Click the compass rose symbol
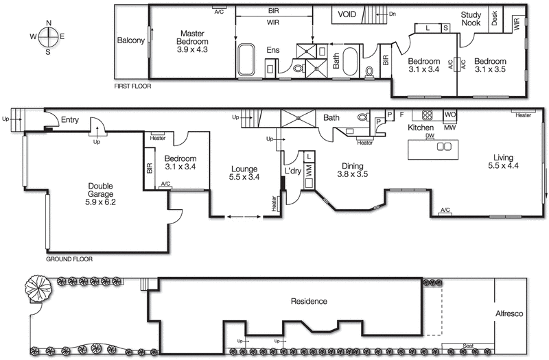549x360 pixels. [x=48, y=36]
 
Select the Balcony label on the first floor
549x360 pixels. [x=130, y=40]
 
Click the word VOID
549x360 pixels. [x=347, y=14]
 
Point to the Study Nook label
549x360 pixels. [x=471, y=19]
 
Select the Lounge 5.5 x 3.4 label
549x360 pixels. [x=244, y=173]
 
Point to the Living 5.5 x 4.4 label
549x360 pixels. [x=504, y=161]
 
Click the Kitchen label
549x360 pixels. [x=421, y=128]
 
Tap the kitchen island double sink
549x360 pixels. [x=445, y=146]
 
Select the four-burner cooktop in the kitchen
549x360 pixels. [x=427, y=115]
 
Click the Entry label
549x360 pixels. [x=70, y=120]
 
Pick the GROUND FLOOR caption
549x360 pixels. [x=69, y=259]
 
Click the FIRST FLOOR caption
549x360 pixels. [x=133, y=86]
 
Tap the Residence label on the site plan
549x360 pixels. [x=308, y=301]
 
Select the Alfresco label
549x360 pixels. [x=509, y=313]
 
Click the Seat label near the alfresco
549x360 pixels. [x=469, y=344]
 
